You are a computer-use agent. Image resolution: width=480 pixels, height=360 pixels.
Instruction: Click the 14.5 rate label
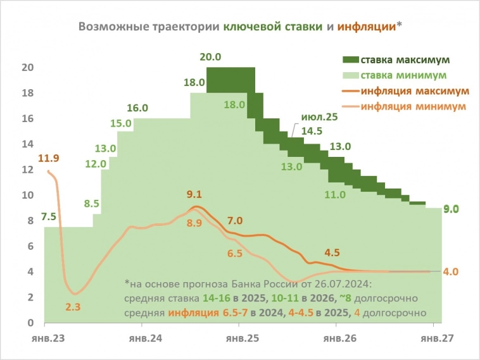311,132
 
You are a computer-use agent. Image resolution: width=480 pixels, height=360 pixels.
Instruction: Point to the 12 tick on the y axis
27,170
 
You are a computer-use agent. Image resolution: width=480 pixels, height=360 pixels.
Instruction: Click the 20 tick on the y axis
27,68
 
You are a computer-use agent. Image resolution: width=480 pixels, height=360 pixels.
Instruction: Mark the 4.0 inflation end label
450,271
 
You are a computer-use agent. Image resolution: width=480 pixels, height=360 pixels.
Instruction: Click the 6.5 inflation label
234,253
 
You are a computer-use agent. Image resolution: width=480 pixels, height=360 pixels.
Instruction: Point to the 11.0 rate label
335,194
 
